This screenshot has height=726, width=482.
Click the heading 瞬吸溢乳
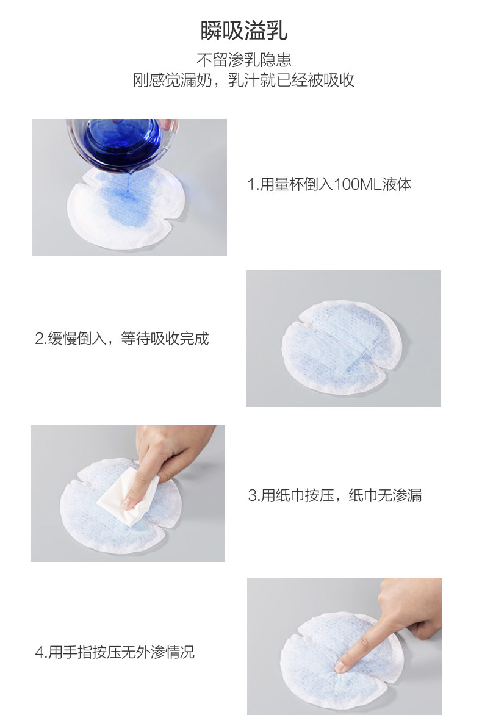pyautogui.click(x=244, y=31)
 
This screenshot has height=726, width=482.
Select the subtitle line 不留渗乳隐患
pyautogui.click(x=244, y=60)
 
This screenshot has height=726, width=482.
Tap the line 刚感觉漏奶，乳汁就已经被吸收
pyautogui.click(x=244, y=80)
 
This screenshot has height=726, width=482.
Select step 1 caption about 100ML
pyautogui.click(x=329, y=184)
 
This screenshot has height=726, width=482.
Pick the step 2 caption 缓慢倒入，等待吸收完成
pyautogui.click(x=122, y=339)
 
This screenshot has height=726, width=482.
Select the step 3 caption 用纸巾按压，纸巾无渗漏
pyautogui.click(x=335, y=495)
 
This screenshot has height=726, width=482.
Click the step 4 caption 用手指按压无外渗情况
pyautogui.click(x=115, y=652)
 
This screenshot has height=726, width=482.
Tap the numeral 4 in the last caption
pyautogui.click(x=39, y=653)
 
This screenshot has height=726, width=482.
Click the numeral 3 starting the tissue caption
pyautogui.click(x=253, y=495)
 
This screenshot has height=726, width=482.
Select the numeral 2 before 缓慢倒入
pyautogui.click(x=40, y=339)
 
